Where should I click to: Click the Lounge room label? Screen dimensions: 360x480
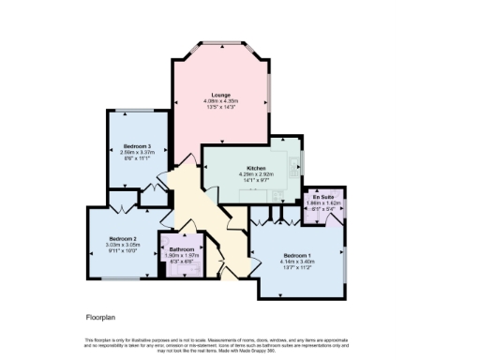(x=221, y=95)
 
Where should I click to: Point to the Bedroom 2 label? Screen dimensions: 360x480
(x=123, y=238)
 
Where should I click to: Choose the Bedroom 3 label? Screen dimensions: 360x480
(x=137, y=146)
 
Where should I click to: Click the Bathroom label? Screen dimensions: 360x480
(x=181, y=249)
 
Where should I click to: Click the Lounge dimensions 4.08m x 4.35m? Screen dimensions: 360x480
(x=221, y=101)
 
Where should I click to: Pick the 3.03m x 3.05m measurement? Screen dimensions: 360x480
(x=123, y=245)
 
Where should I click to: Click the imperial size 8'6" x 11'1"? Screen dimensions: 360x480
(x=137, y=159)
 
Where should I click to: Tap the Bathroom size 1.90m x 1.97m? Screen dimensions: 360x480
(x=181, y=256)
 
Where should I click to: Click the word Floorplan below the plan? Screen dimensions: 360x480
(x=100, y=318)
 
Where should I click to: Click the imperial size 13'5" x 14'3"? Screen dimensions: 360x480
(x=221, y=108)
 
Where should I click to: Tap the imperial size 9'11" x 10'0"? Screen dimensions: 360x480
(x=123, y=251)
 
